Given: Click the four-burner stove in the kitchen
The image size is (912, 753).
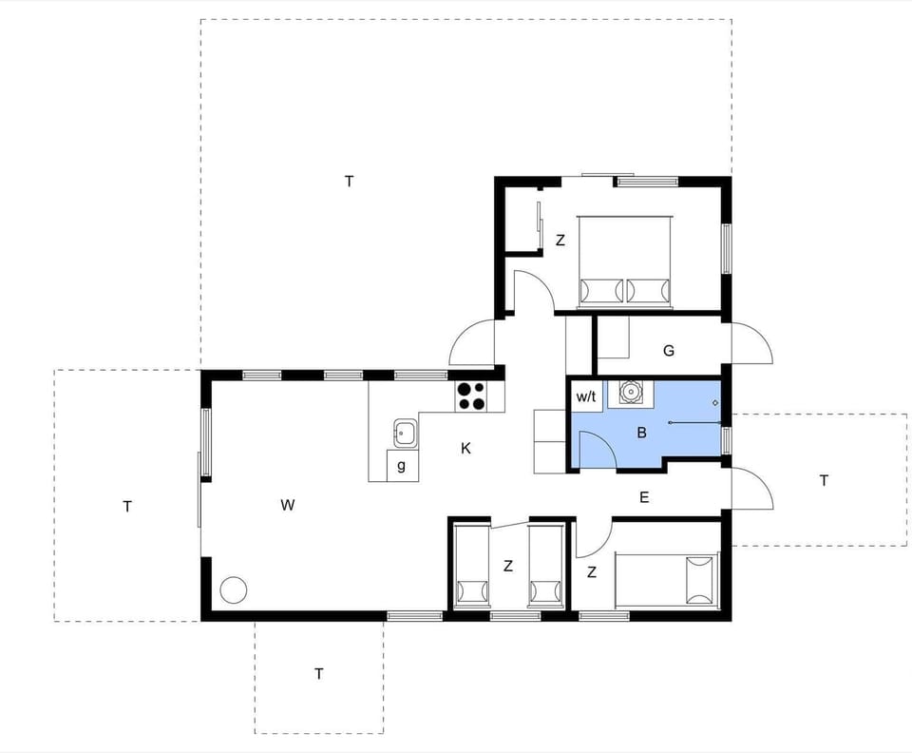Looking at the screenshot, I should [470, 395].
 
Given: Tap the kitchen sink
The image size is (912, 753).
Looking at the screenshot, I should [404, 433].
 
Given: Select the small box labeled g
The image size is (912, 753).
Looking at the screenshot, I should [402, 466].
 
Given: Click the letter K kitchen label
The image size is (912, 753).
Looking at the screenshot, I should [465, 448].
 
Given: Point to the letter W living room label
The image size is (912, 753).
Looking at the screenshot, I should [287, 505].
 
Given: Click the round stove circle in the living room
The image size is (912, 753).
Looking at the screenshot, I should [233, 590].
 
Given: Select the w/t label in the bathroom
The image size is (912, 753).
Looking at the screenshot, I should [585, 397].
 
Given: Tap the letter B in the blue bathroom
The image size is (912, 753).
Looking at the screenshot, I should [641, 434].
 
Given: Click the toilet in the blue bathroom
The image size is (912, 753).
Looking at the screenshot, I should [631, 392].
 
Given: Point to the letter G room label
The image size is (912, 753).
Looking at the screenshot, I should [669, 351].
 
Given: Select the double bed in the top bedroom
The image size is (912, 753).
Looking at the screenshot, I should [624, 261].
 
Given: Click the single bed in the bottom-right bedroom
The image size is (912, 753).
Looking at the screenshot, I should [665, 581].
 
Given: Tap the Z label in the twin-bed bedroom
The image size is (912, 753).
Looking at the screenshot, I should [508, 566].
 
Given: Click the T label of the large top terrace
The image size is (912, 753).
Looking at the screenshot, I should [350, 181].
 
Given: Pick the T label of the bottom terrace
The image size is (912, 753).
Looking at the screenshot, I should [319, 674].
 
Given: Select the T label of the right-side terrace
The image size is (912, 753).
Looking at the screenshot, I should [824, 480].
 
